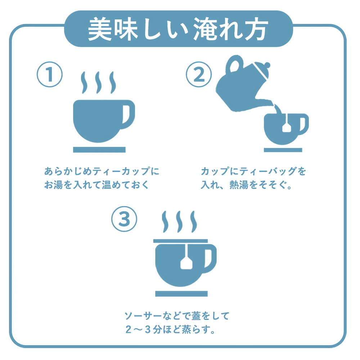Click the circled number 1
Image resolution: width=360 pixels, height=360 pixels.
(50, 75)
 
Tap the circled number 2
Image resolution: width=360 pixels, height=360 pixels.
(199, 75)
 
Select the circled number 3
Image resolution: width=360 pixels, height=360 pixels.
(124, 219)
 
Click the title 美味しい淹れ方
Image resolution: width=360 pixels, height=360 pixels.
(178, 30)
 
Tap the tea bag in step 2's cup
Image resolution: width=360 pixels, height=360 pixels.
(287, 127)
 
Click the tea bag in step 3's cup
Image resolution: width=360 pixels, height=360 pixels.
(186, 262)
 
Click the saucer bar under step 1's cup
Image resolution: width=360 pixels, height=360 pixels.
(99, 150)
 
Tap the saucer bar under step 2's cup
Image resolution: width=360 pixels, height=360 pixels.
(283, 150)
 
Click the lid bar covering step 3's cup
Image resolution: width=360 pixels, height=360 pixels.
(180, 241)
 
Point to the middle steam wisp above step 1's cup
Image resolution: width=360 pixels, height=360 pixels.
(98, 83)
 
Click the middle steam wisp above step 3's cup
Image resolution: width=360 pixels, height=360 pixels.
(179, 222)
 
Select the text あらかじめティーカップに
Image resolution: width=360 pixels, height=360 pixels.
(102, 171)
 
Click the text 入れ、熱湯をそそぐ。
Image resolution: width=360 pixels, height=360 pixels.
(246, 185)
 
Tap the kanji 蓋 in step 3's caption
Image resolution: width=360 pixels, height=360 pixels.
(196, 316)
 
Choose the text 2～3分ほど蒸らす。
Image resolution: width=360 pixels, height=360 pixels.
(170, 329)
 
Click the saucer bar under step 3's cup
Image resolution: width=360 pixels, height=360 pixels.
(181, 294)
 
